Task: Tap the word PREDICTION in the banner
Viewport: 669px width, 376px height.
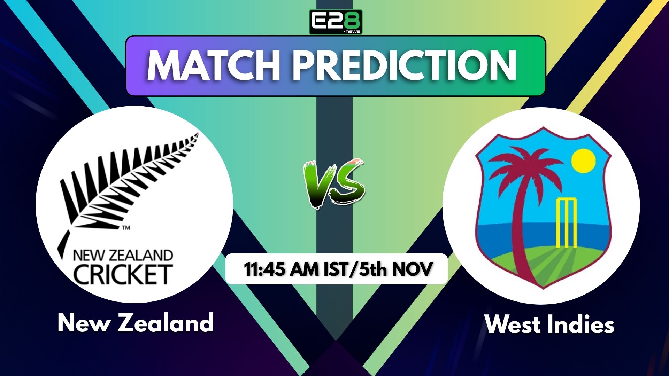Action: (x=404, y=66)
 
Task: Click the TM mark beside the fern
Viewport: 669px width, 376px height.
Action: (x=126, y=228)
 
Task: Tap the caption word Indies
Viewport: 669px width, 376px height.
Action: (x=580, y=324)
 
